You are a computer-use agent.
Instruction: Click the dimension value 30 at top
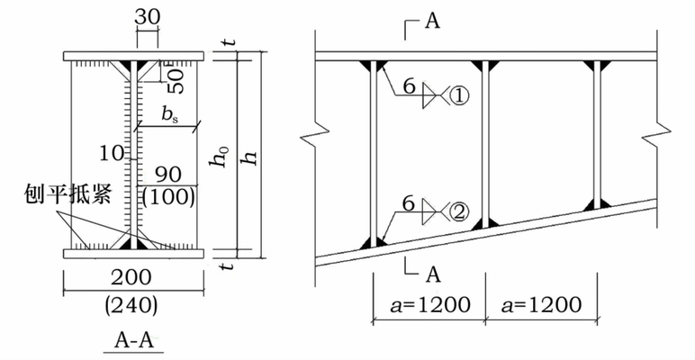(x=147, y=17)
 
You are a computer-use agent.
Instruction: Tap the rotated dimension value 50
(x=177, y=79)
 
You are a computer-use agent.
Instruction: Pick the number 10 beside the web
(x=111, y=154)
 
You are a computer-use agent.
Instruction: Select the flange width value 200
(x=134, y=277)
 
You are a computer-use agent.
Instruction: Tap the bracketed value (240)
(x=132, y=304)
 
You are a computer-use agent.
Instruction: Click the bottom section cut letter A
(x=431, y=274)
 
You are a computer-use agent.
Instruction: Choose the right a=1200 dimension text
(x=539, y=304)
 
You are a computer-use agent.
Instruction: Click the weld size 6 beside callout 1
(x=409, y=85)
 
